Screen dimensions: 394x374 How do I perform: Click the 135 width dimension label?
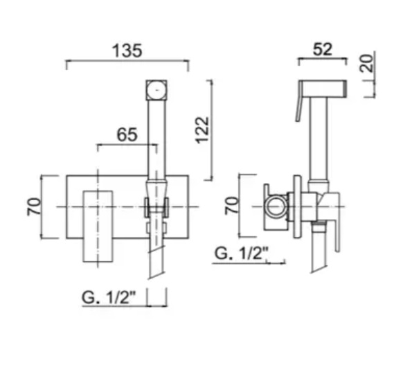pos(127,51)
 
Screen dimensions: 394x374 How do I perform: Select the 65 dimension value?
pos(127,135)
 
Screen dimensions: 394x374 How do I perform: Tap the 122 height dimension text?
pos(202,130)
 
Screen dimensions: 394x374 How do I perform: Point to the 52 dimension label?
pos(323,49)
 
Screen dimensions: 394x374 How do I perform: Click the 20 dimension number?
pos(367,63)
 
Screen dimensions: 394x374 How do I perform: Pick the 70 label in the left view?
pos(34,206)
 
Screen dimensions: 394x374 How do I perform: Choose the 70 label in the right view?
pos(231,206)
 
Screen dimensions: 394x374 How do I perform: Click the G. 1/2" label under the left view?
pos(109,297)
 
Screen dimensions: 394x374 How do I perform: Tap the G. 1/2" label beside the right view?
pos(241,253)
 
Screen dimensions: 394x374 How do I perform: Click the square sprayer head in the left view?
pos(156,90)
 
